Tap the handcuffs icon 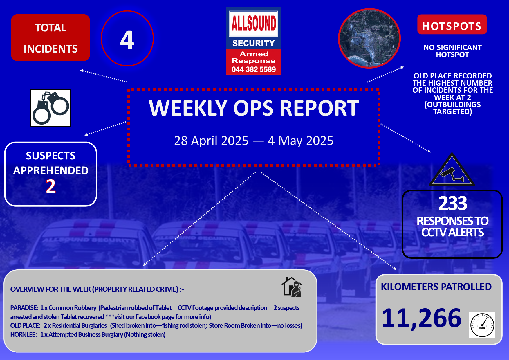coord(51,108)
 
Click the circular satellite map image coord(369,38)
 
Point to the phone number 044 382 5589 coord(254,69)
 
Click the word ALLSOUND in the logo coord(254,23)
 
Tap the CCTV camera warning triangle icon coord(452,170)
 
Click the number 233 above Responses coord(453,203)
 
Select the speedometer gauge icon coord(482,325)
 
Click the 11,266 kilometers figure coord(421,318)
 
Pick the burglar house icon coord(292,287)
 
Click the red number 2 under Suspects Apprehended coord(51,186)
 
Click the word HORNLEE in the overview coord(23,334)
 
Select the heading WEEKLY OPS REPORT coord(254,108)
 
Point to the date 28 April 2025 coord(211,141)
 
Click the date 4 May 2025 coord(301,141)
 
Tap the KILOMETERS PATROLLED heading coord(436,287)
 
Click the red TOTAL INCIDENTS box coord(50,38)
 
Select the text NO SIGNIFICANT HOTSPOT coord(452,51)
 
